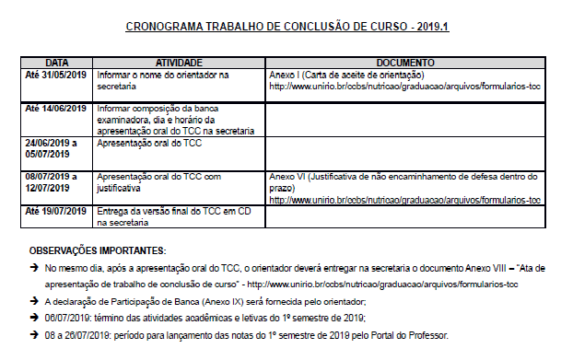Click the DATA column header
(x=57, y=62)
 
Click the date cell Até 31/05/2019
(x=54, y=74)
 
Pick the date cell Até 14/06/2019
(x=54, y=109)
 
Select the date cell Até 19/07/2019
(x=54, y=212)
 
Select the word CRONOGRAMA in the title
(x=162, y=27)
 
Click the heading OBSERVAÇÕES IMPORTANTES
(x=98, y=250)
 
